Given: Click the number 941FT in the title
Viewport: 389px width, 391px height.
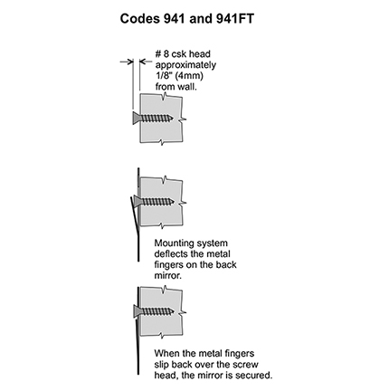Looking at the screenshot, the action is [235, 19].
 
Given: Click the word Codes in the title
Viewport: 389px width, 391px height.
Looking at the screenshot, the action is [140, 19].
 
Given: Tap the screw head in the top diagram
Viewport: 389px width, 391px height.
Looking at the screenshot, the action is [137, 118].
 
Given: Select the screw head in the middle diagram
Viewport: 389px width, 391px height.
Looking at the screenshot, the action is [138, 201].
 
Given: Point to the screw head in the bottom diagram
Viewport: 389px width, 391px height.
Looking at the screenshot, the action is [138, 310].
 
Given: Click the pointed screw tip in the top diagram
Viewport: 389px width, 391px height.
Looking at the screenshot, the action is [172, 118].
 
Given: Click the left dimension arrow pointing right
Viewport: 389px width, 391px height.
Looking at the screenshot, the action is [127, 62].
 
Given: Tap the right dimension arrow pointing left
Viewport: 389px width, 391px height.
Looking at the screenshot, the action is [146, 62].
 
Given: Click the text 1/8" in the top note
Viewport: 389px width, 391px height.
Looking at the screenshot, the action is [163, 76].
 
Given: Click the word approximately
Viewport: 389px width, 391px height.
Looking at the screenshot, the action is [185, 65].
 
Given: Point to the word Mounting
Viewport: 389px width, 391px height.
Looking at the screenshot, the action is [174, 243].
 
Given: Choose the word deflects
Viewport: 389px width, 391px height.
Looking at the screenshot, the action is [171, 254].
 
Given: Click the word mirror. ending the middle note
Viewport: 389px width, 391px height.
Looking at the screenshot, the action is [168, 276].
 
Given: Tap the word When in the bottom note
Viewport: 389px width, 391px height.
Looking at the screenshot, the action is [166, 353].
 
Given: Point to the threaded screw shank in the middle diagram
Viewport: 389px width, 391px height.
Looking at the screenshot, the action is [157, 202].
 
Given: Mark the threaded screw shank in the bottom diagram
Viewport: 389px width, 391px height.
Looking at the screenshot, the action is [157, 311].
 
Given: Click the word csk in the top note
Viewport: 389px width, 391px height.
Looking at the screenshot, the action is [179, 54].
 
